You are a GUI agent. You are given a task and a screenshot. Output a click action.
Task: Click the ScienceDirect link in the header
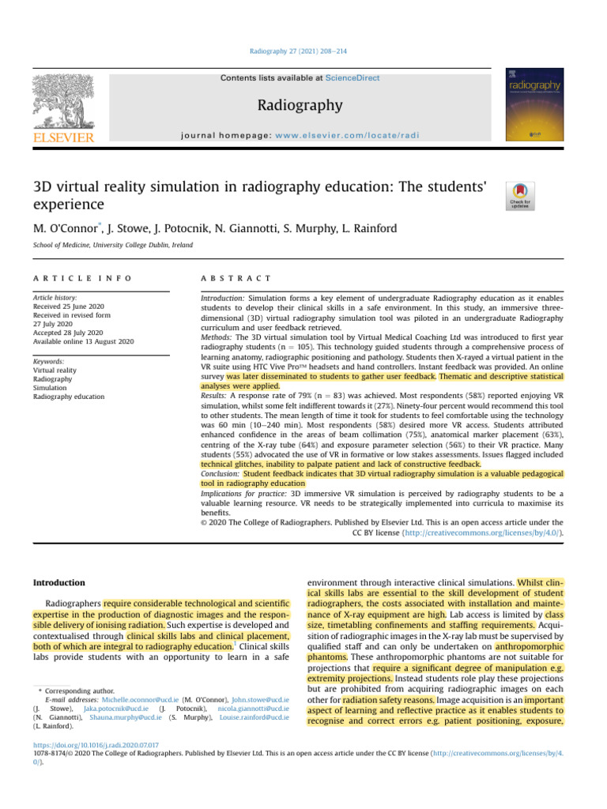pos(354,78)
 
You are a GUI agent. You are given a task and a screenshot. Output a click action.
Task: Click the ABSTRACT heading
pos(237,279)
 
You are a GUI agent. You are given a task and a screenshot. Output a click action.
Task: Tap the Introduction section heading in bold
pos(59,583)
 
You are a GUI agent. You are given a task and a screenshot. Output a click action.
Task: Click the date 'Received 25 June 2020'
pos(70,307)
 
